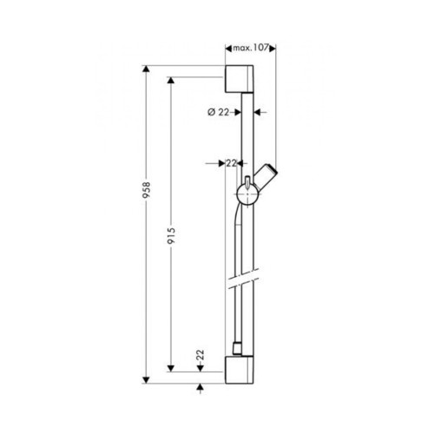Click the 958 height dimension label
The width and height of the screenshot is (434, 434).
coord(147,190)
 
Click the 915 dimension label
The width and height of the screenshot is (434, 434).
coord(171,235)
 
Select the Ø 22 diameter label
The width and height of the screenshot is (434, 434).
coord(218,112)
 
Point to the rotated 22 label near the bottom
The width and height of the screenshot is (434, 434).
coord(201,355)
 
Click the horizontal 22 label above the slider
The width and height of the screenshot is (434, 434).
coord(231,163)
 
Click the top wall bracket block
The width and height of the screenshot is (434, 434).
coord(240,79)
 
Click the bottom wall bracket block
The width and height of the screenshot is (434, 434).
coord(240,370)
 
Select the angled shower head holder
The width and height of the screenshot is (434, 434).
coord(266,176)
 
